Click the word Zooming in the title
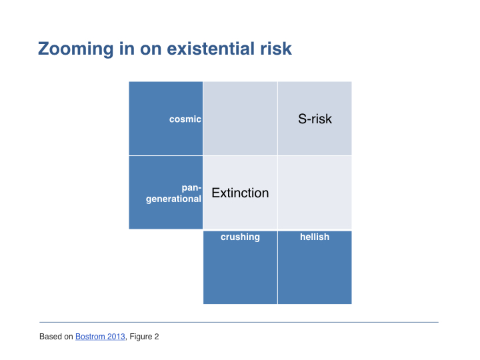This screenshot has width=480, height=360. point(75,49)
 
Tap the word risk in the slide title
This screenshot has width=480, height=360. point(276,49)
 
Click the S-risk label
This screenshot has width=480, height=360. point(315,119)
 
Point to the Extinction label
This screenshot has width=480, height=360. point(240,193)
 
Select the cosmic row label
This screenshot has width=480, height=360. point(185,119)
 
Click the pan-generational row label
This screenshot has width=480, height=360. point(173,193)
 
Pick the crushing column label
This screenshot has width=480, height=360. point(240,237)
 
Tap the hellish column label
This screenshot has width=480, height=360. point(315,237)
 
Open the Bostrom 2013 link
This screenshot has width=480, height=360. point(100,337)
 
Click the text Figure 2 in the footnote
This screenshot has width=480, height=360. point(144,337)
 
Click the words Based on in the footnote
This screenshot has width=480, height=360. point(56,337)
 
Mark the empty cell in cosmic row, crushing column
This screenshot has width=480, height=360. point(240,119)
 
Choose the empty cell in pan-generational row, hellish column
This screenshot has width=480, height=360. point(315,193)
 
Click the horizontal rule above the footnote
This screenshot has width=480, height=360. point(239,322)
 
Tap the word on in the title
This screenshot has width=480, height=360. point(151,49)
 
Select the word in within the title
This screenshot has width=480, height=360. point(127,49)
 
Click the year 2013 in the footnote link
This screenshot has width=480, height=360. point(116,337)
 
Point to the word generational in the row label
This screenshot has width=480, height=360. point(173,199)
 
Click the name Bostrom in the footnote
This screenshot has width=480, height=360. point(90,337)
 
